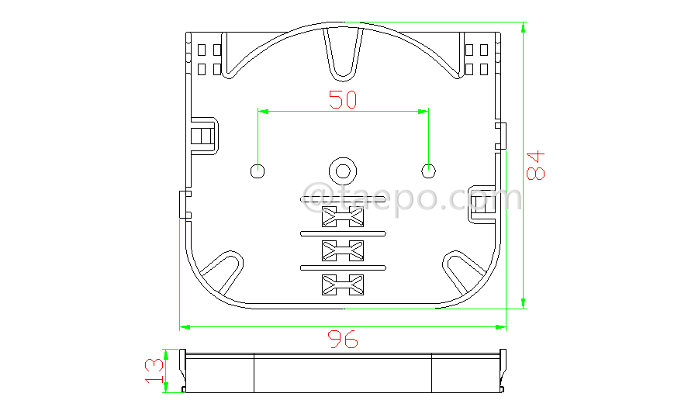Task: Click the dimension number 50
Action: point(343,100)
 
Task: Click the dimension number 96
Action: point(343,339)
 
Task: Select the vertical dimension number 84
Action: point(536,164)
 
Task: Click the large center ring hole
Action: point(341,170)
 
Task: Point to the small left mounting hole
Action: point(258,170)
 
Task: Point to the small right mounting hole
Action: point(427,170)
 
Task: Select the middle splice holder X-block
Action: point(342,250)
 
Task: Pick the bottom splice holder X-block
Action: point(342,285)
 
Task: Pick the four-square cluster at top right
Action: point(476,59)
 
